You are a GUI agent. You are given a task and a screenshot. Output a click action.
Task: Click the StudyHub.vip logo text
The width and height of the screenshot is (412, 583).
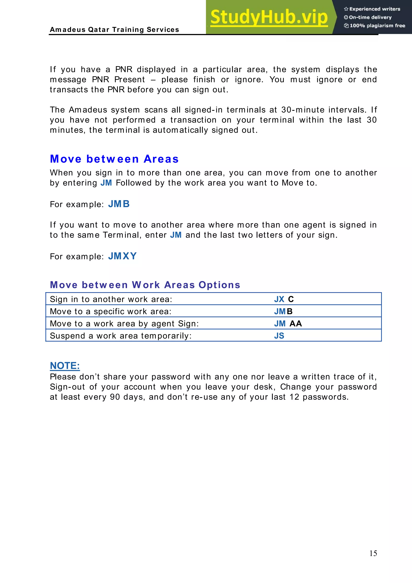[269, 17]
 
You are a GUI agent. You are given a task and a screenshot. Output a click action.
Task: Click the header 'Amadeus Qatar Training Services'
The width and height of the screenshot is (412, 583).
[114, 30]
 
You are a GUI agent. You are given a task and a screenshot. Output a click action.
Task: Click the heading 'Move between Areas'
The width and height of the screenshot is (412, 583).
[114, 159]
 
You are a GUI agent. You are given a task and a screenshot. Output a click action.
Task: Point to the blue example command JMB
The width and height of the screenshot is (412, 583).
[119, 204]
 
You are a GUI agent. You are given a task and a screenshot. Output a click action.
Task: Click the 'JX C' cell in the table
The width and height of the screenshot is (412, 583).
[284, 299]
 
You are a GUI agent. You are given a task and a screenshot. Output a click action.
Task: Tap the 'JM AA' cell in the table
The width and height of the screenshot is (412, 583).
[288, 323]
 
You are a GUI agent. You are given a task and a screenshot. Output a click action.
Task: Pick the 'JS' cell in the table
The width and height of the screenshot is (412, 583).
[279, 336]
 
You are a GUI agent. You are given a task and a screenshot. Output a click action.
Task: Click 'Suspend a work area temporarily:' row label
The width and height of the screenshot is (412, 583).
[121, 336]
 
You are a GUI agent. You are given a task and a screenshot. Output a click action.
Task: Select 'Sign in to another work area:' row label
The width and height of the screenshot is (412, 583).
[111, 299]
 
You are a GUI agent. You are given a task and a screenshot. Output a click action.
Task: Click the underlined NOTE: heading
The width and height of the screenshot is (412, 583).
[65, 366]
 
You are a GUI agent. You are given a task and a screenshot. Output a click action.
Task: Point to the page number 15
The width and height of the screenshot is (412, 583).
[373, 553]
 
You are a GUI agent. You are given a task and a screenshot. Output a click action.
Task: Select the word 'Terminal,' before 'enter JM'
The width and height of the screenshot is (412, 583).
[122, 235]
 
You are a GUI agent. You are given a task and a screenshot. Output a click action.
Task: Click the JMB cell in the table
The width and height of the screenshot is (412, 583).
[283, 311]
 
